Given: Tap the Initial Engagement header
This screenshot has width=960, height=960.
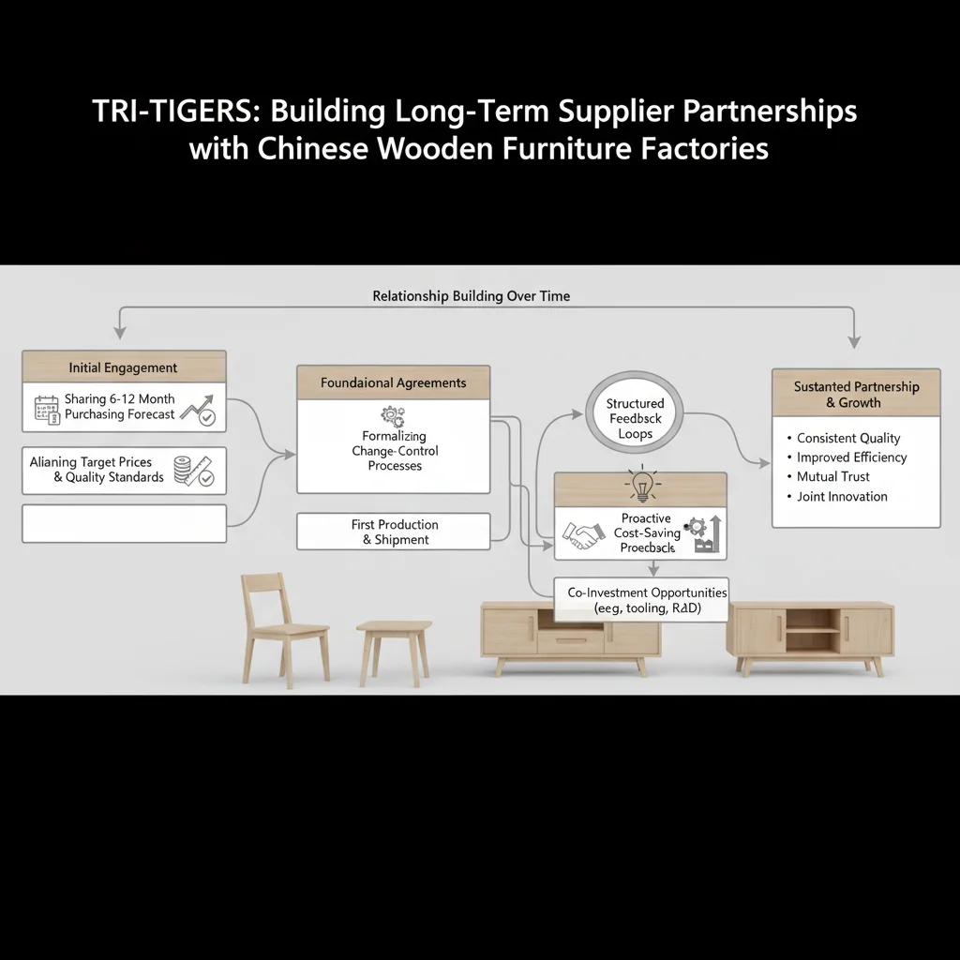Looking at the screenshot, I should pos(123,367).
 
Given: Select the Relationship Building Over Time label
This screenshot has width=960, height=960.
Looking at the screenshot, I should pos(471,296).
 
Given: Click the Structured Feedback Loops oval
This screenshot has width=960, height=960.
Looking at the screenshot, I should pos(635,419).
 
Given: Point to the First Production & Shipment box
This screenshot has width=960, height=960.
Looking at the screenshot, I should pos(395,532).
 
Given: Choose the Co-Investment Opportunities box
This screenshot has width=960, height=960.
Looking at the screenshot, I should pos(647,600).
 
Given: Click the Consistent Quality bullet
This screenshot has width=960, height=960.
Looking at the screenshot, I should pos(847,438).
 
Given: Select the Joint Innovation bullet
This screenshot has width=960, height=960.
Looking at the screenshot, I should pos(841,497).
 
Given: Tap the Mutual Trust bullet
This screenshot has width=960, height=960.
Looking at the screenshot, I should pos(833,477).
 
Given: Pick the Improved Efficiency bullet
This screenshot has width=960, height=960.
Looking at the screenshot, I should pos(851,457).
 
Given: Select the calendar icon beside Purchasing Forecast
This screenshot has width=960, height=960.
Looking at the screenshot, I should pos(46,410).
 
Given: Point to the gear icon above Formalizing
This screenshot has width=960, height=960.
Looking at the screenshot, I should pos(392,415).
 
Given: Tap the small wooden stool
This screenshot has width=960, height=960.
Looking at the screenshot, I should pos(394,647).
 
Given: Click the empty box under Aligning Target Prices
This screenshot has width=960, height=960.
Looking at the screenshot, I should pos(124,523).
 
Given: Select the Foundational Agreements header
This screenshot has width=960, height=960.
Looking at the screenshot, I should pos(393,382).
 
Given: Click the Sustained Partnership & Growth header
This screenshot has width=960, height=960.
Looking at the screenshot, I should pos(856,394).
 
